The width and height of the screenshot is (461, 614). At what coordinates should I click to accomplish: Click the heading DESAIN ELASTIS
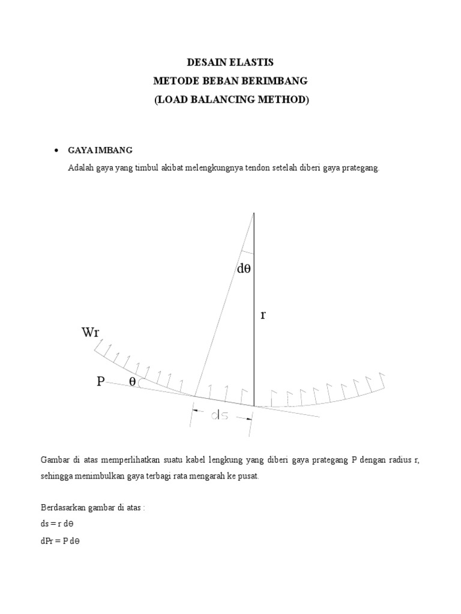coord(230,62)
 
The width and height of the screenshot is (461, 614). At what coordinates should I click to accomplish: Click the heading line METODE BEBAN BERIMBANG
coord(230,81)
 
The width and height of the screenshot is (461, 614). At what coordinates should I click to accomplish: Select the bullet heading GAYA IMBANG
coord(100,149)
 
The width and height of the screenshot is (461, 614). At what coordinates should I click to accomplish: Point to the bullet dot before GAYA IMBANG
coord(56,150)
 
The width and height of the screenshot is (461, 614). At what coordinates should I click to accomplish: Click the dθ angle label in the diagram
coord(244,269)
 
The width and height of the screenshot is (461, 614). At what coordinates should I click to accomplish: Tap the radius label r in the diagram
coord(263,315)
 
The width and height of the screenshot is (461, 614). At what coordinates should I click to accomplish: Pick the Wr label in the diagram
coord(90,333)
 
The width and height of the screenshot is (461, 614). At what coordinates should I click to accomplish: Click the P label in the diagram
coord(101,381)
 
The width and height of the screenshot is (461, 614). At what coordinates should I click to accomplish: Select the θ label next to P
coord(132,381)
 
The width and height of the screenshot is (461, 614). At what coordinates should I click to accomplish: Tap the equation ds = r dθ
coord(60,523)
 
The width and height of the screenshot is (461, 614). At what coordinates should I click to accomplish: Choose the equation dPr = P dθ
coord(61,540)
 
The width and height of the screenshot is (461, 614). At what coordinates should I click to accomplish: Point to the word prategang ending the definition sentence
coord(363,168)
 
